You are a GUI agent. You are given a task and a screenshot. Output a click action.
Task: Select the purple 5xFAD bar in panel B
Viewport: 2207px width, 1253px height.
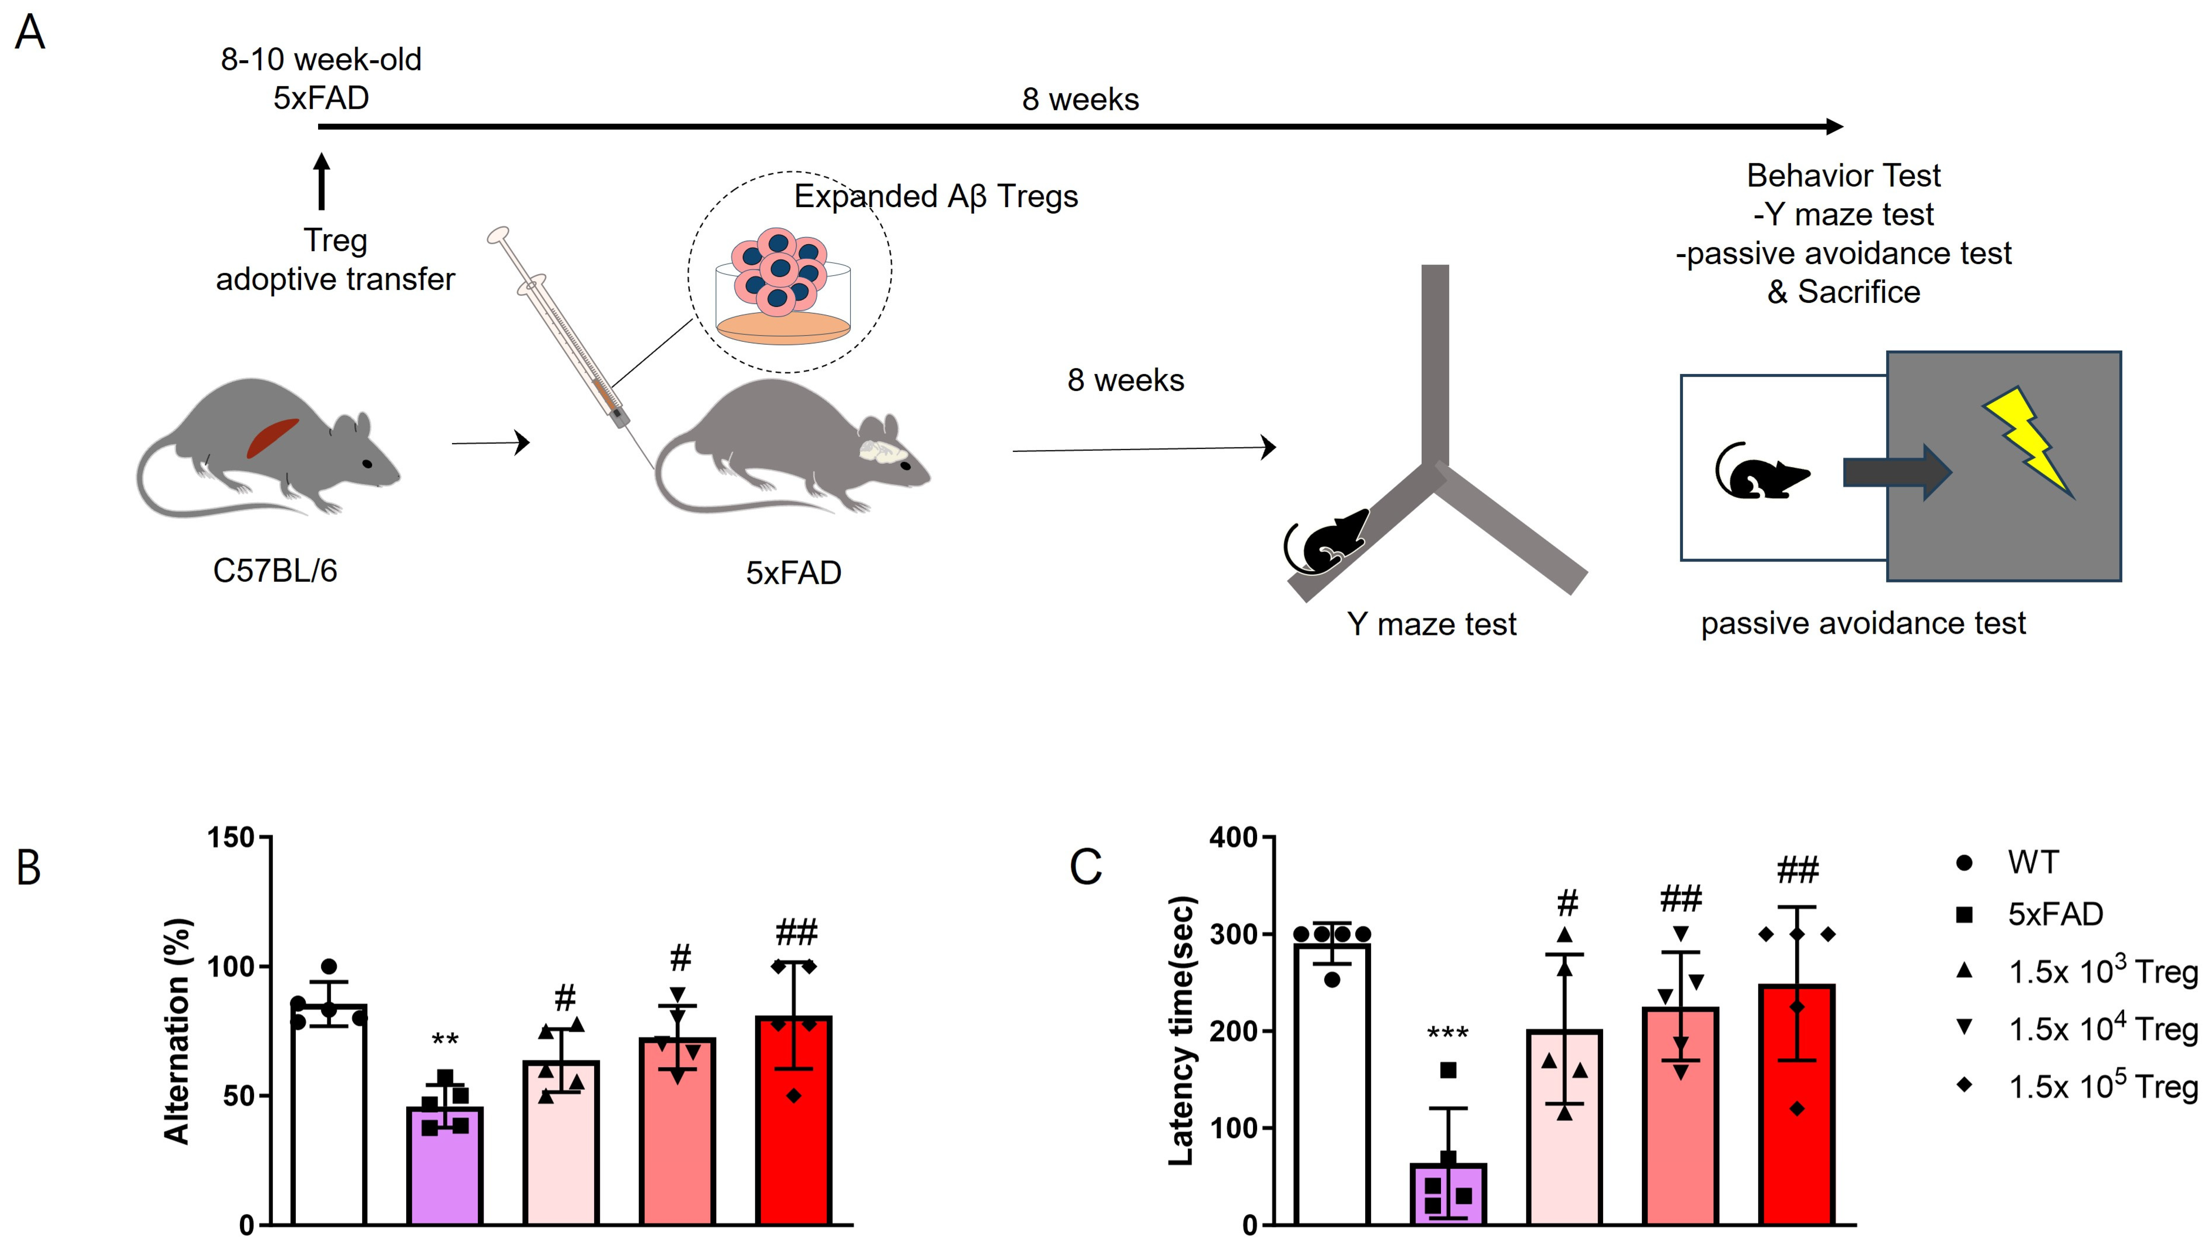tap(445, 1166)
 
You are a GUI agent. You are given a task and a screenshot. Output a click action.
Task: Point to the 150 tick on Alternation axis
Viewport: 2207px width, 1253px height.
tap(232, 837)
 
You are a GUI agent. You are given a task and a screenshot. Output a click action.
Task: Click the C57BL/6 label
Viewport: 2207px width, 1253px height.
tap(275, 571)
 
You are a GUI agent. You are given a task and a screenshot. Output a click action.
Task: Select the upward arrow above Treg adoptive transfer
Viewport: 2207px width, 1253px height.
tap(322, 181)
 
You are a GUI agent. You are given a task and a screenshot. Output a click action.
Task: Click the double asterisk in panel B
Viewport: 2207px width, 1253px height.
tap(445, 1039)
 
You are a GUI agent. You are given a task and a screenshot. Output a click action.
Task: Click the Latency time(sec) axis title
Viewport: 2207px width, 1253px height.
tap(1182, 1031)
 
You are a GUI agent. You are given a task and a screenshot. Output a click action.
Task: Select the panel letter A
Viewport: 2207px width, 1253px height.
tap(30, 34)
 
